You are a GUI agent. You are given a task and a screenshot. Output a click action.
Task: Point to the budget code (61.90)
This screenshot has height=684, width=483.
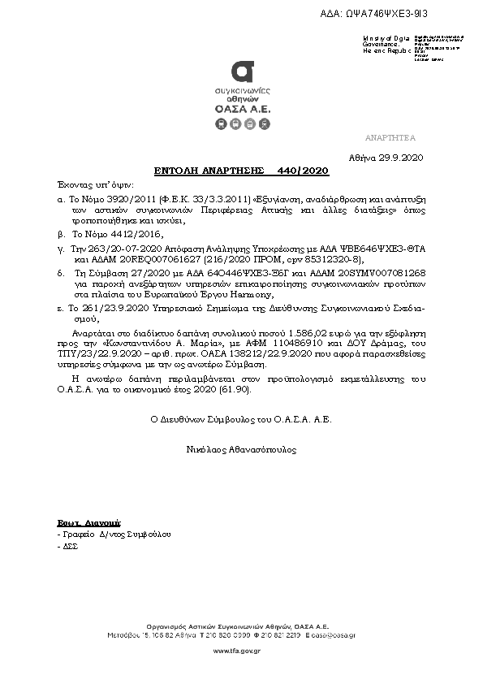pos(236,391)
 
